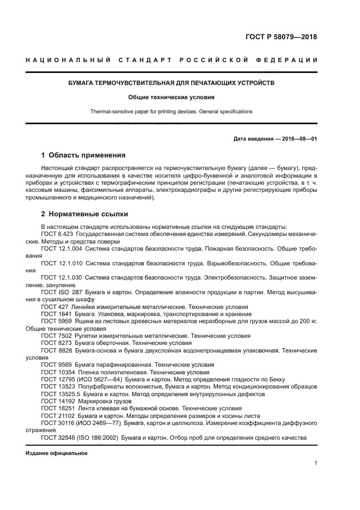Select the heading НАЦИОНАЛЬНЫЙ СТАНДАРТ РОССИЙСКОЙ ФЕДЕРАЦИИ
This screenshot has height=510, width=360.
pyautogui.click(x=171, y=59)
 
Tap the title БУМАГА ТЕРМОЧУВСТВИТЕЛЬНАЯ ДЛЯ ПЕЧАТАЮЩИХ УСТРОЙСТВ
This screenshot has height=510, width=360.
pyautogui.click(x=171, y=83)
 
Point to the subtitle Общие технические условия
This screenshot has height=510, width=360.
pyautogui.click(x=171, y=98)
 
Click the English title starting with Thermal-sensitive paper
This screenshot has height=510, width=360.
pyautogui.click(x=171, y=111)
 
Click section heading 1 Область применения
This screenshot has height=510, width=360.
pyautogui.click(x=83, y=155)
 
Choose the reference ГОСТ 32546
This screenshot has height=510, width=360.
pyautogui.click(x=58, y=437)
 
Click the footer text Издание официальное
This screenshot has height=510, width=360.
pyautogui.click(x=57, y=453)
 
